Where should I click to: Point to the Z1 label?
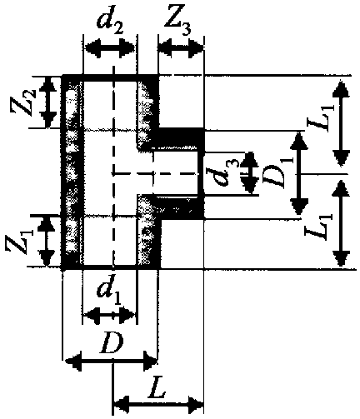21,240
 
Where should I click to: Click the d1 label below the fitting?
109,292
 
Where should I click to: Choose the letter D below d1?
112,343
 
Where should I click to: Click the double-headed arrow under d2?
109,47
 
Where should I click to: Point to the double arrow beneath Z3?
181,47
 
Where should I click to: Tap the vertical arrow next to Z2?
49,102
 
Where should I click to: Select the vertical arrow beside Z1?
46,241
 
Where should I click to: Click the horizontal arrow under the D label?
111,361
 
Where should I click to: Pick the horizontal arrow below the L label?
158,404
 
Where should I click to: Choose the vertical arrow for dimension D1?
299,174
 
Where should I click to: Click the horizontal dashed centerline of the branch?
156,174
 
